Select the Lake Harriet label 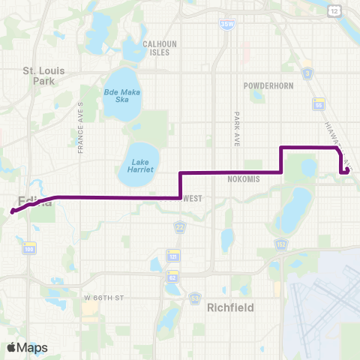click(142, 165)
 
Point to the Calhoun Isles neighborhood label click(159, 48)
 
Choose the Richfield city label click(230, 307)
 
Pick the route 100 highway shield click(28, 248)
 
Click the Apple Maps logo click(26, 347)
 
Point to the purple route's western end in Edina click(13, 211)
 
